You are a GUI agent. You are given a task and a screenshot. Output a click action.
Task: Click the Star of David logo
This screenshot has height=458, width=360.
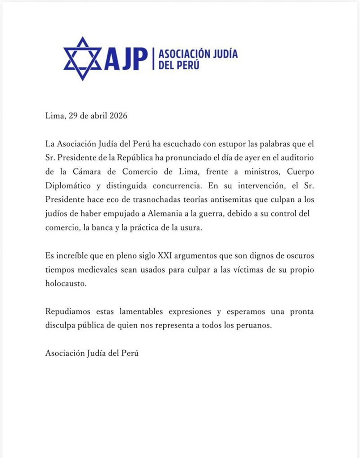pos(82,59)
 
